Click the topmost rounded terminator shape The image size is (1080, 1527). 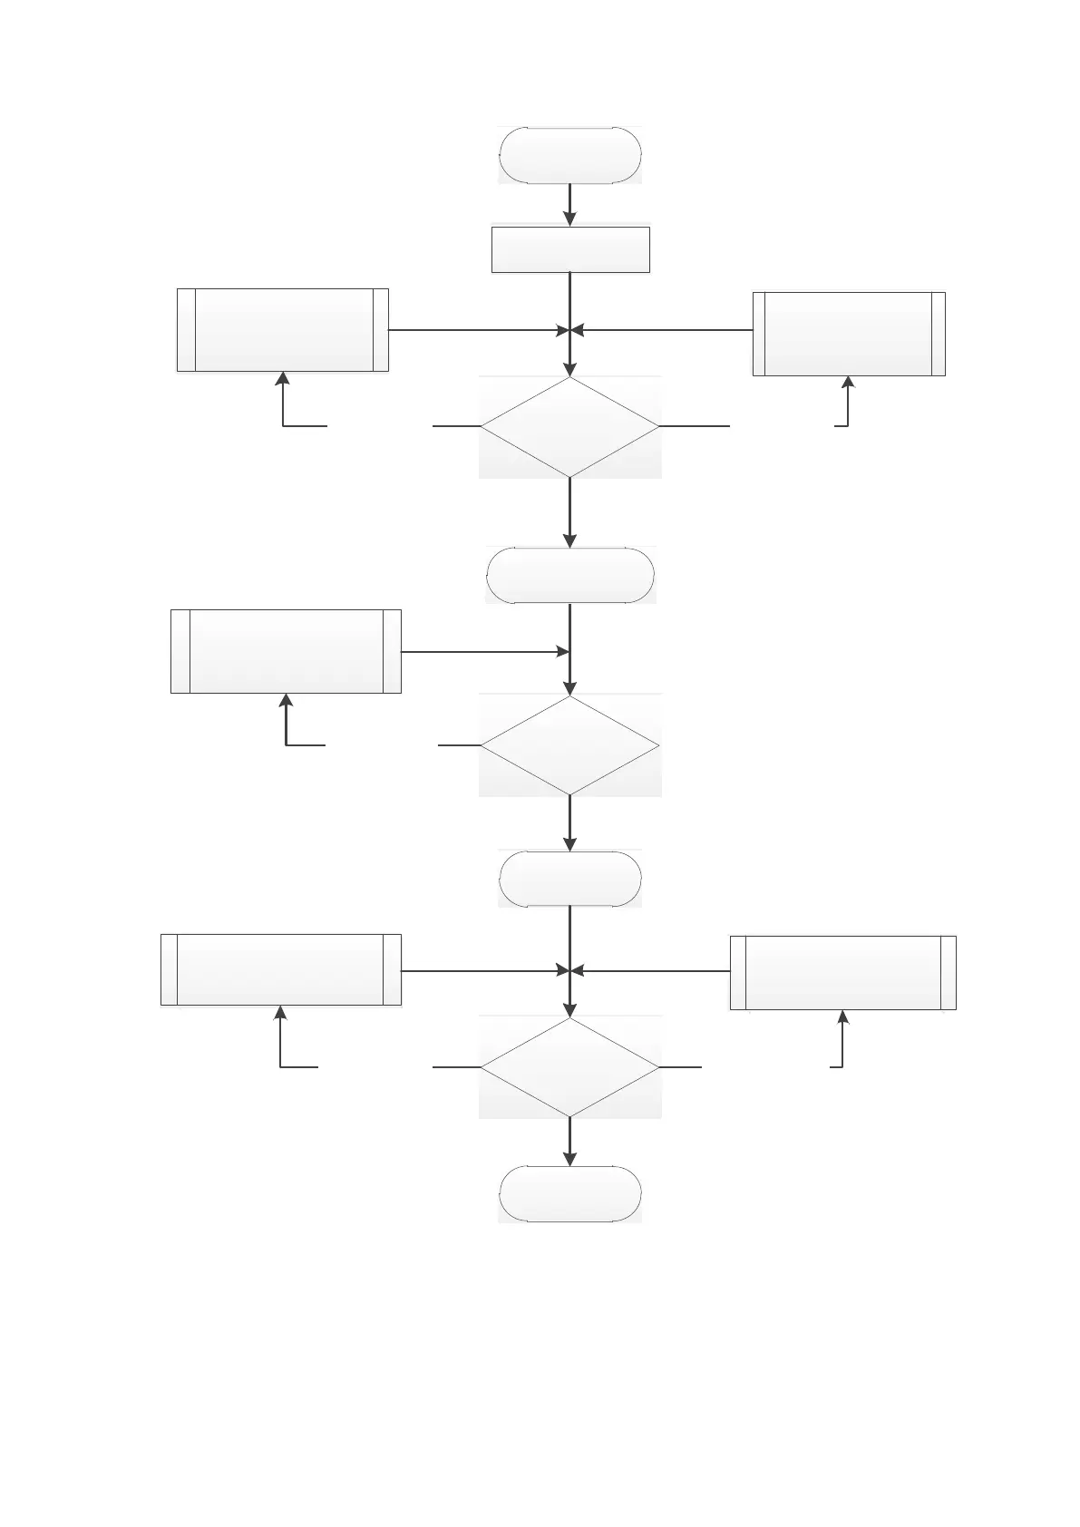click(x=569, y=156)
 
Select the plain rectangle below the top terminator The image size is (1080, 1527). click(x=570, y=249)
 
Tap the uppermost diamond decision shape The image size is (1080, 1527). click(x=569, y=426)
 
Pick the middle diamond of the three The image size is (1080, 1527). click(x=569, y=745)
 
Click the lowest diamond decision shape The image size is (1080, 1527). click(x=569, y=1067)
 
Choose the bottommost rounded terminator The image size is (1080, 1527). click(x=569, y=1193)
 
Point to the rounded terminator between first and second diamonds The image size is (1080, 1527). click(x=569, y=576)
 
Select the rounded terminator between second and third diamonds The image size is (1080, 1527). click(x=569, y=879)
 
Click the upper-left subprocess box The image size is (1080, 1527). click(x=283, y=330)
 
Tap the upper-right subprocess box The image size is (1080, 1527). click(x=849, y=334)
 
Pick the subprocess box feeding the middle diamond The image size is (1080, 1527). click(x=286, y=651)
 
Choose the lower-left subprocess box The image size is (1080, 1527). click(x=281, y=969)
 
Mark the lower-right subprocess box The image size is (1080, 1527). click(x=842, y=972)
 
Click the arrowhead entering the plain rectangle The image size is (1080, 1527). click(x=569, y=219)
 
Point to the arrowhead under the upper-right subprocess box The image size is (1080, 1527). click(x=848, y=384)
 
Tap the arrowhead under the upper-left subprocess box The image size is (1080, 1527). click(x=283, y=379)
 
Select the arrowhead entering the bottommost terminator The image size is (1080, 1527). click(x=569, y=1158)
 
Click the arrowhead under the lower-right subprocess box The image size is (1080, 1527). click(x=843, y=1017)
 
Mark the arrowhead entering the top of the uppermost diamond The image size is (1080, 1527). click(x=569, y=368)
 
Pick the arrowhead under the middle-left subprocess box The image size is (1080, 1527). click(x=287, y=701)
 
